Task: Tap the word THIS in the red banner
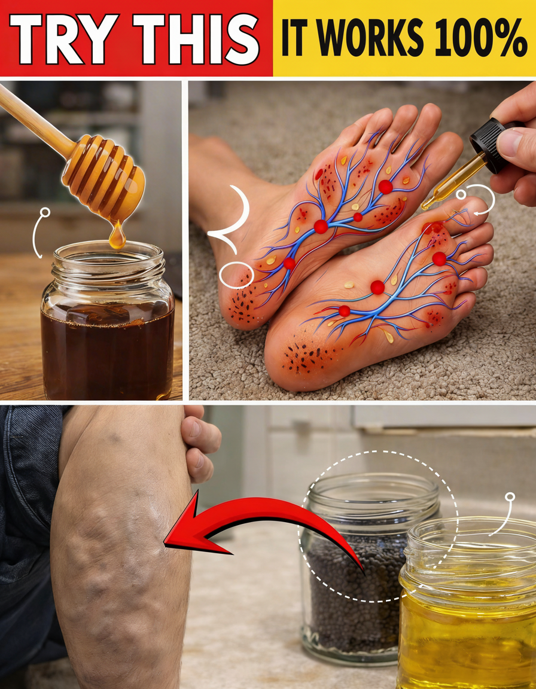pos(196,39)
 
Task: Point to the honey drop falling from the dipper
pos(117,236)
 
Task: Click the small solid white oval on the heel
pos(236,276)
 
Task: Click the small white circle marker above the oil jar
pos(510,497)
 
